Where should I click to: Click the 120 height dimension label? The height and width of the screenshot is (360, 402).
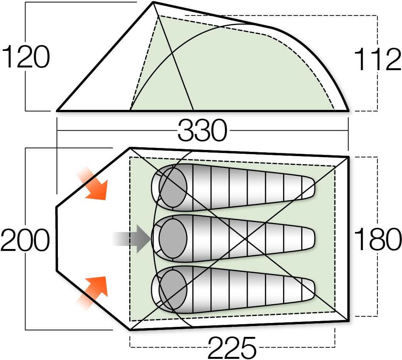point(26,57)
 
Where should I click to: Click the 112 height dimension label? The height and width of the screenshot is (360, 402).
point(377,60)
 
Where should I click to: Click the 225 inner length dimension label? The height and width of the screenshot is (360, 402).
point(232,347)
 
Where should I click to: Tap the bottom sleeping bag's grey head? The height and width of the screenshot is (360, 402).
point(172,289)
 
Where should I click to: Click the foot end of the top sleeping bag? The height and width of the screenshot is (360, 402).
point(309,188)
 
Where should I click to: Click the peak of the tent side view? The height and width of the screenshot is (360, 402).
point(154,3)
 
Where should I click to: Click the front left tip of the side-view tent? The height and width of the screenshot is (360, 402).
point(58,111)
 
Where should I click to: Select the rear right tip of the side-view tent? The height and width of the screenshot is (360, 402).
point(348,111)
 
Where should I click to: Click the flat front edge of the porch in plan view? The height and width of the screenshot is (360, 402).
point(57,239)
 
